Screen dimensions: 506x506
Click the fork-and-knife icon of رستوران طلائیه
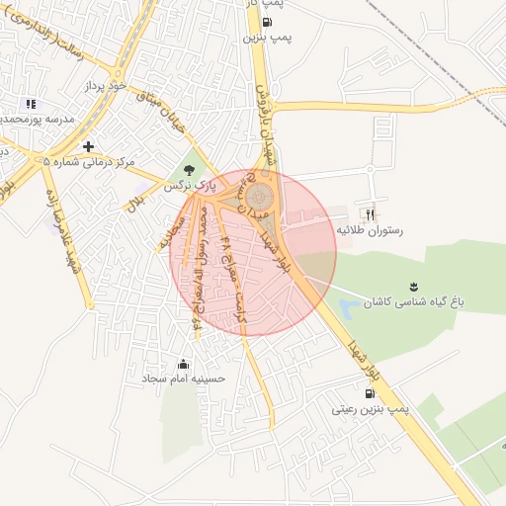(x=371, y=213)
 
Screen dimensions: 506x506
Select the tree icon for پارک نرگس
(x=189, y=169)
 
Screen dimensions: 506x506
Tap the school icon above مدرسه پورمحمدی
(x=31, y=104)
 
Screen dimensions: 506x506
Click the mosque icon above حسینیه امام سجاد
(x=183, y=363)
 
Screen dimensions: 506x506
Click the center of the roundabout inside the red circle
(x=259, y=196)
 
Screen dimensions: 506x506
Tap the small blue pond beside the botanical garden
(x=349, y=309)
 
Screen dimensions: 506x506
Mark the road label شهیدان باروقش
(x=271, y=133)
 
